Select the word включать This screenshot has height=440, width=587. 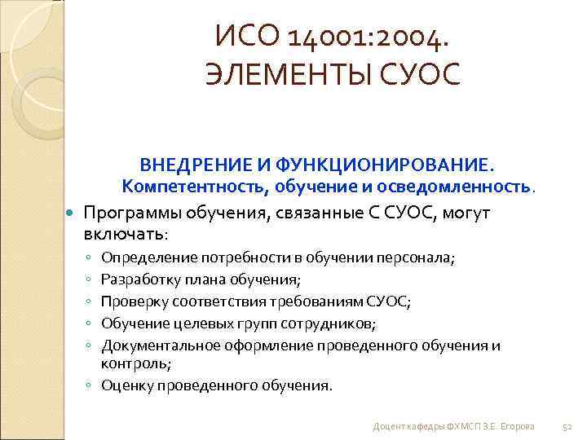123,234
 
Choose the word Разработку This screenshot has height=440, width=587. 139,280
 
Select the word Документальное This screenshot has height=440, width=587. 157,346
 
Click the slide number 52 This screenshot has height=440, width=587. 569,427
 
